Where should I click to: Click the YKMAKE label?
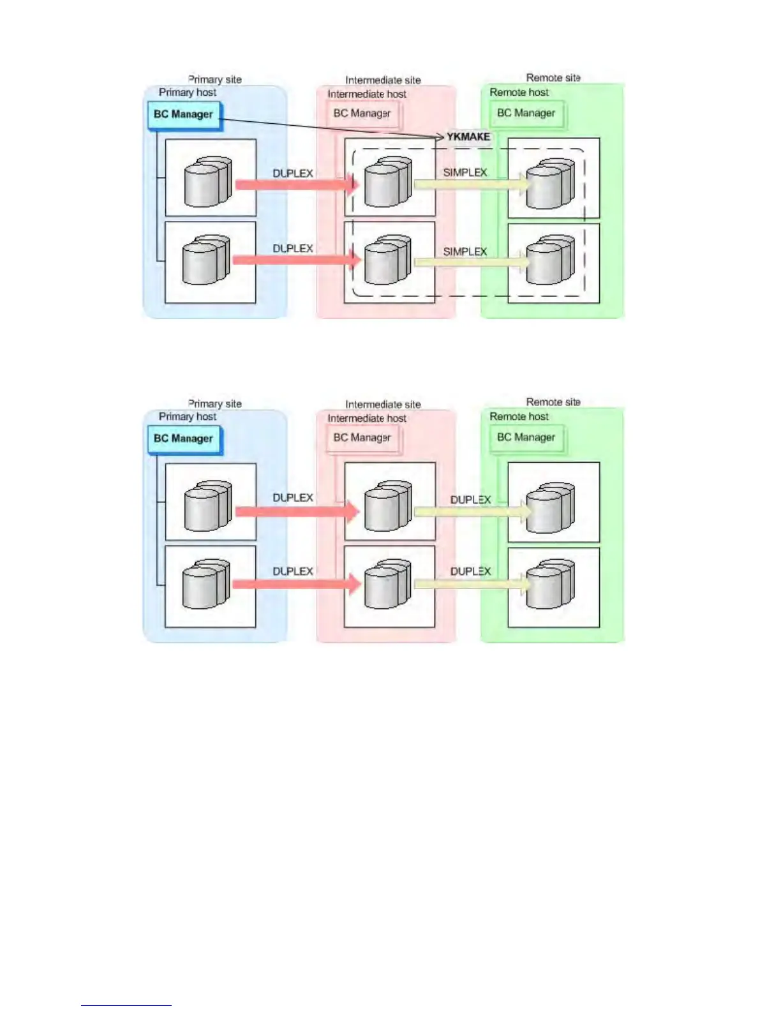click(468, 137)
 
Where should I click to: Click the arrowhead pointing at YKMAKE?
click(440, 137)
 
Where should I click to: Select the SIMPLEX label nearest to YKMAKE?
click(465, 172)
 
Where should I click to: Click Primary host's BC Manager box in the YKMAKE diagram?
click(183, 114)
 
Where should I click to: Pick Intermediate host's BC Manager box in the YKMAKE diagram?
click(362, 114)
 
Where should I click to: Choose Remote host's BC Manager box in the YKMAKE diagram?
click(526, 113)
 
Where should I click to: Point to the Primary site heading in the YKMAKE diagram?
click(214, 79)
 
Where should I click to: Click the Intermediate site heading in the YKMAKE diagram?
click(383, 80)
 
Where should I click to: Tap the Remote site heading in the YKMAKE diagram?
click(553, 77)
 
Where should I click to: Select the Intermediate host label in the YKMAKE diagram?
click(367, 94)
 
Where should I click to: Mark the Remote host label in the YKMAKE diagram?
click(519, 93)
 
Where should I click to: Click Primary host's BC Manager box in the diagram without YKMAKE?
click(183, 438)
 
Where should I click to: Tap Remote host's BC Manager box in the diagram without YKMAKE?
click(526, 437)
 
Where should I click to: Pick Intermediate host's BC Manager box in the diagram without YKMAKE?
click(362, 438)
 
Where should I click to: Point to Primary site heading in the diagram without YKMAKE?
click(214, 403)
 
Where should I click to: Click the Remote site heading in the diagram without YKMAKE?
click(553, 401)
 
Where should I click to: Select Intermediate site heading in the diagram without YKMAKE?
click(383, 404)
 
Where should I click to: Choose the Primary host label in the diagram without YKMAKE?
click(188, 417)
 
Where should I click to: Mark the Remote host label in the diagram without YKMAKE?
click(519, 417)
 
